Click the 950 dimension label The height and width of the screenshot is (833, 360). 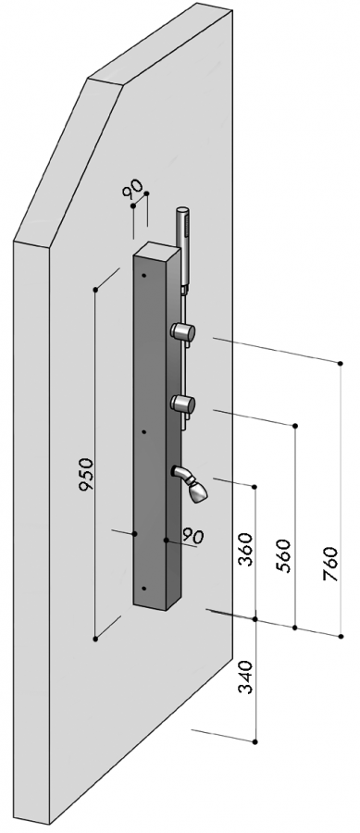pos(87,474)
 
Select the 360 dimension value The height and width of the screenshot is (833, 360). pos(244,549)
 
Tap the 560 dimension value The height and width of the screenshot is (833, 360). pos(284,555)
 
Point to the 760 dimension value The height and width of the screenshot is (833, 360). pos(330,564)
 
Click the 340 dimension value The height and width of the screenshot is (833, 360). pos(245,677)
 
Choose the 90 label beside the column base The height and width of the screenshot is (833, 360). pos(193,536)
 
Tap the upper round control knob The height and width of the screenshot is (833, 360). pos(182,332)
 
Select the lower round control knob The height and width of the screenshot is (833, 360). pos(182,404)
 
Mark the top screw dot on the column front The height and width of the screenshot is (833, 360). pos(143,276)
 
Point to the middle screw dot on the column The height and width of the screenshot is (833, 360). pos(144,432)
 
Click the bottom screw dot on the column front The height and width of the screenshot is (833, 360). pos(143,589)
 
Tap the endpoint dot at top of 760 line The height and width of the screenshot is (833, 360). pos(341,364)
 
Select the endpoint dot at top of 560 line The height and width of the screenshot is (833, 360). pos(295,426)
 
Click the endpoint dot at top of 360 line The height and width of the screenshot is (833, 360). pos(254,487)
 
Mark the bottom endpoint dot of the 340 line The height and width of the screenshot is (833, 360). pos(255,741)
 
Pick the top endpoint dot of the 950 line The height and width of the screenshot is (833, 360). pos(95,290)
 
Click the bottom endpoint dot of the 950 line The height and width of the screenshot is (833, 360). pos(95,639)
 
